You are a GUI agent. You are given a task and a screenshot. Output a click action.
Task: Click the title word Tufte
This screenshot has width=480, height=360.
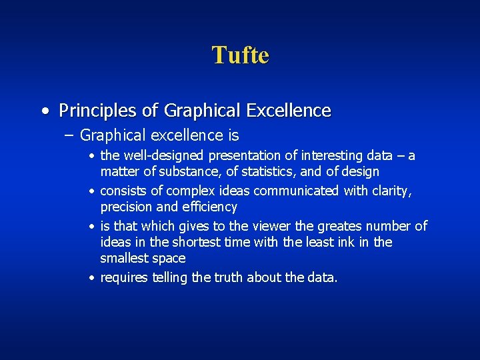point(240,55)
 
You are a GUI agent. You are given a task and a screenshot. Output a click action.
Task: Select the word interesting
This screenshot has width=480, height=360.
point(331,156)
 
